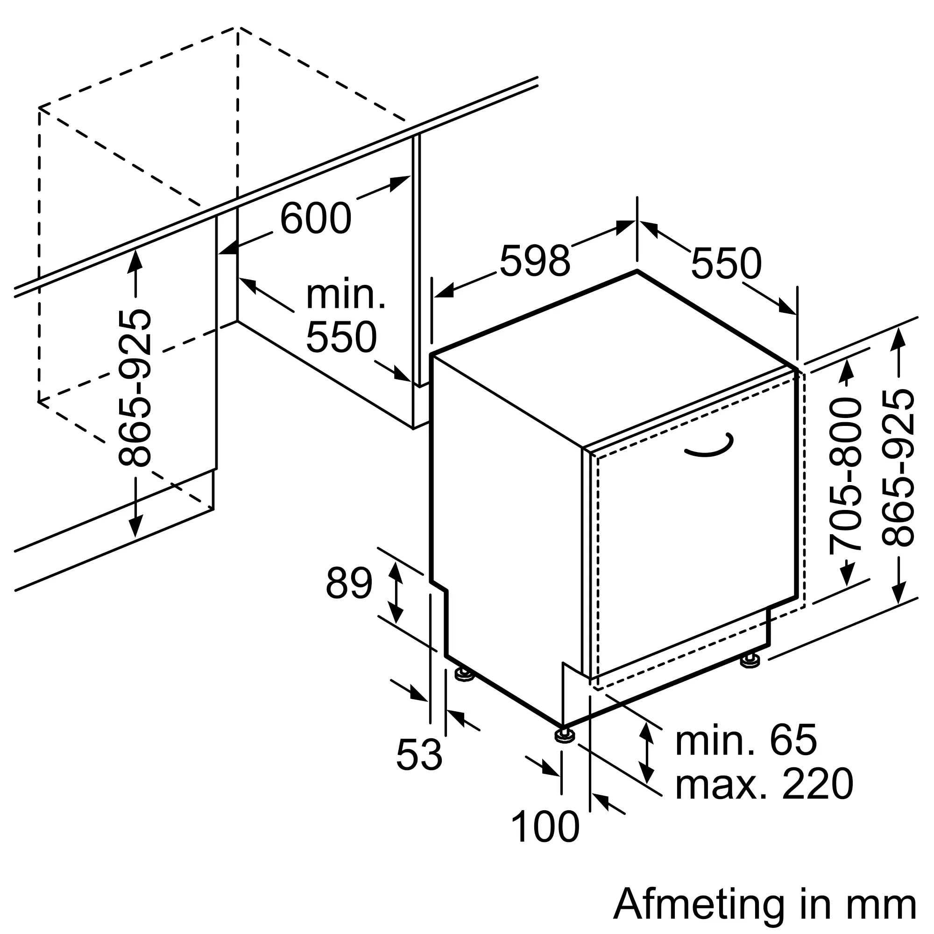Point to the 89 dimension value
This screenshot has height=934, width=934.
click(349, 583)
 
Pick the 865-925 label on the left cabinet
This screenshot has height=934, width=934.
click(135, 388)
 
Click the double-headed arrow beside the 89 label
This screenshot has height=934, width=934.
click(396, 593)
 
